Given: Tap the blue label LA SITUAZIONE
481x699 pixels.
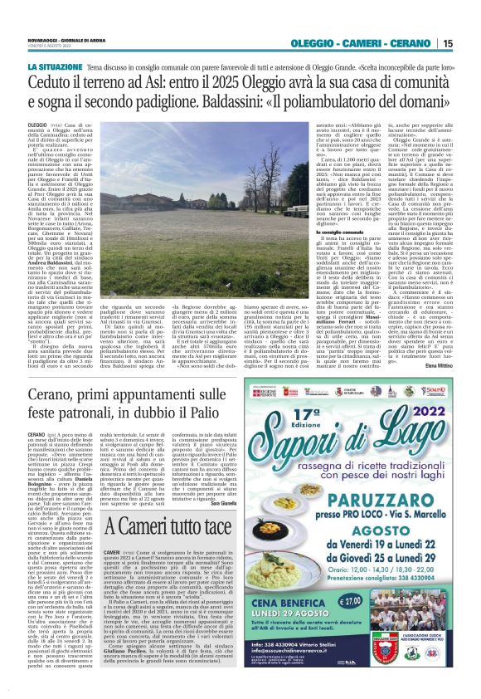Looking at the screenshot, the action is coord(52,65).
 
